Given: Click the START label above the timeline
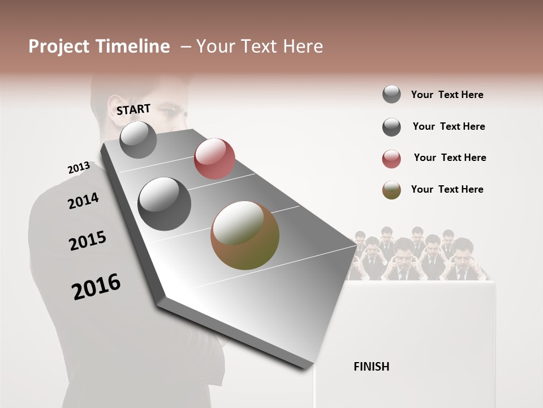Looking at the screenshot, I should (x=133, y=109).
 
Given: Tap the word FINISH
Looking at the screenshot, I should (x=372, y=367).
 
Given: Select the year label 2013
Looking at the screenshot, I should (x=79, y=168).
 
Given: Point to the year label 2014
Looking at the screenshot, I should (x=83, y=201).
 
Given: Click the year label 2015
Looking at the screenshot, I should (x=88, y=241).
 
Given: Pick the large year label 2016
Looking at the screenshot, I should (x=96, y=286).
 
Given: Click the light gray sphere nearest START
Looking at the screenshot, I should (x=138, y=139).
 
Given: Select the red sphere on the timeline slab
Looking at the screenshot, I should (x=214, y=158).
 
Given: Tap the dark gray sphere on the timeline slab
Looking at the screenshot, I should (x=165, y=203).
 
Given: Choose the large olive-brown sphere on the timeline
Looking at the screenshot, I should (x=245, y=235).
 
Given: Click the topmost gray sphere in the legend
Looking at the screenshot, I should (x=391, y=95).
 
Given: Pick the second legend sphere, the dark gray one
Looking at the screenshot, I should (x=391, y=127).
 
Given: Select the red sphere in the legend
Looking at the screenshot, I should (x=391, y=159).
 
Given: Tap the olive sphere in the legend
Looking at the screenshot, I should (x=391, y=190).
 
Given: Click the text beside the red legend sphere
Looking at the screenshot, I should (x=450, y=158).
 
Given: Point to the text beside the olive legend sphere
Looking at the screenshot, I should (x=447, y=189).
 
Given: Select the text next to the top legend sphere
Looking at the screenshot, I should (x=447, y=95).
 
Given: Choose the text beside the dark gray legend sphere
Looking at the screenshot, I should (x=449, y=126).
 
